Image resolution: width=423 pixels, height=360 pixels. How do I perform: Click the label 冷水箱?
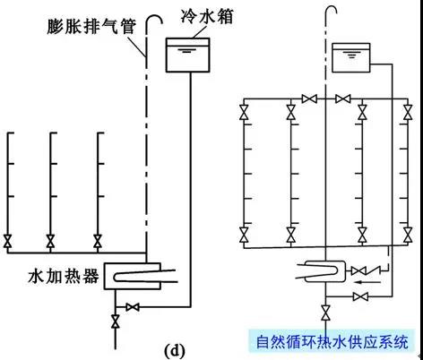click(x=207, y=16)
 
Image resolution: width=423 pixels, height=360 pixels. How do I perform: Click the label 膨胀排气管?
click(x=91, y=27)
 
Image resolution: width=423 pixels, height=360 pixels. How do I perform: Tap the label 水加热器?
click(x=64, y=277)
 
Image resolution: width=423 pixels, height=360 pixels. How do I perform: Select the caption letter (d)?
click(x=175, y=351)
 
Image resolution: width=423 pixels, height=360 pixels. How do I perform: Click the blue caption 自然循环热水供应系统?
click(x=332, y=342)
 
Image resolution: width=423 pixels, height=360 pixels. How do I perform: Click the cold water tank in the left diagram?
click(x=188, y=56)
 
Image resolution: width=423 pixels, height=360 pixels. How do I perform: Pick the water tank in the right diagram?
click(x=351, y=57)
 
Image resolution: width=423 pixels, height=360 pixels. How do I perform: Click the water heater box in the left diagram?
click(x=133, y=276)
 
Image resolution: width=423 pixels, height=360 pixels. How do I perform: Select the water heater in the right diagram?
click(x=324, y=271)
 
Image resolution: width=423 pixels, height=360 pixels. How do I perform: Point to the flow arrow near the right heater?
click(x=368, y=282)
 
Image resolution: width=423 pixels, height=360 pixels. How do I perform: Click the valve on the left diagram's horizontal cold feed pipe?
click(x=133, y=307)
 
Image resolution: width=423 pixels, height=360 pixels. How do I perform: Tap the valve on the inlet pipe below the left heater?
click(x=116, y=321)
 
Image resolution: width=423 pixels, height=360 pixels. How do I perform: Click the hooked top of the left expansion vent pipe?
click(x=154, y=19)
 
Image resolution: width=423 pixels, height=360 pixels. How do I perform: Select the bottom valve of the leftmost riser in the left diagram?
click(x=7, y=241)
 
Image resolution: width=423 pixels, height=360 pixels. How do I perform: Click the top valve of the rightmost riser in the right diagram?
click(x=408, y=112)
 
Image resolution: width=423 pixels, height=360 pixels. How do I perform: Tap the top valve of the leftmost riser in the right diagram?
click(x=244, y=112)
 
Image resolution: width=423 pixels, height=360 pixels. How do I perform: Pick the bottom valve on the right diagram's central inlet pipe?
click(x=325, y=313)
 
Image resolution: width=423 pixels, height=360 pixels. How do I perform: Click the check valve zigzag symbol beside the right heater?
click(x=374, y=271)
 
